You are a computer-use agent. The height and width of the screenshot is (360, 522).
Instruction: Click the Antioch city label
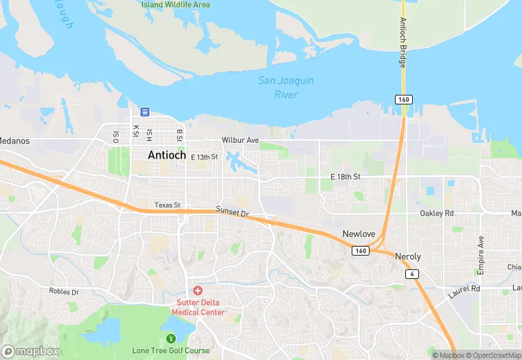(x=166, y=155)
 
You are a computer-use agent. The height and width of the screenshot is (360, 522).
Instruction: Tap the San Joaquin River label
(x=286, y=87)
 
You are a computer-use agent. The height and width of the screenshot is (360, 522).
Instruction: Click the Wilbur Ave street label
(x=240, y=140)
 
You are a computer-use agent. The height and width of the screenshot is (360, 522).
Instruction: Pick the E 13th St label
(x=204, y=157)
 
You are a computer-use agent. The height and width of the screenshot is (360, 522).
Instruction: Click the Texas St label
(x=167, y=205)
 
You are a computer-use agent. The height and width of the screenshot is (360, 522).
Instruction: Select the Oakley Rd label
(x=437, y=214)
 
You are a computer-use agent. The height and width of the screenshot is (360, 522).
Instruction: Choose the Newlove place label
(x=359, y=234)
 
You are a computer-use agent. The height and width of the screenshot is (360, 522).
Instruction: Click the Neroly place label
(x=408, y=256)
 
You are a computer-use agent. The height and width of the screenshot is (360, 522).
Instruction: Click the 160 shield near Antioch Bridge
(x=402, y=100)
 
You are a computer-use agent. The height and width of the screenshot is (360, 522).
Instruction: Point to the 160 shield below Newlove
(x=361, y=251)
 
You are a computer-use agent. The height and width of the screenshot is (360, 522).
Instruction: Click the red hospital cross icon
(x=198, y=291)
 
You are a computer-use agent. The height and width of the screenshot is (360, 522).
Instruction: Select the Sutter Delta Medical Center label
(x=201, y=307)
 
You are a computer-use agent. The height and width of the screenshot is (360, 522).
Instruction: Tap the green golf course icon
(x=170, y=339)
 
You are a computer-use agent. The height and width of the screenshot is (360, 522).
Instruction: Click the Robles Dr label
(x=64, y=291)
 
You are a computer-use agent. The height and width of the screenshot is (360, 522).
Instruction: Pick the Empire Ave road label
(x=481, y=252)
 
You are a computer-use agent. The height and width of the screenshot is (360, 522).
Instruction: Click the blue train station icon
(x=145, y=111)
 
